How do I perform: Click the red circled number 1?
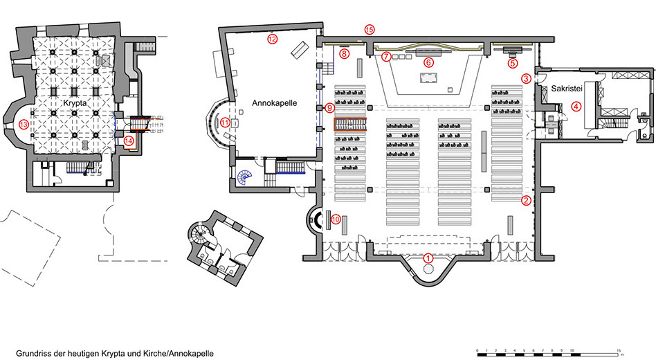428,258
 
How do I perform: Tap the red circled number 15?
369,30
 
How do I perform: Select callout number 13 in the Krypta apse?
24,125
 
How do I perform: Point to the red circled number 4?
576,107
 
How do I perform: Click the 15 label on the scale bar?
619,350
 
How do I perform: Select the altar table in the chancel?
428,78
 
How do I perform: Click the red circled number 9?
329,108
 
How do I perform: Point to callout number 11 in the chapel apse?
226,123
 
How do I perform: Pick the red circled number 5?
513,63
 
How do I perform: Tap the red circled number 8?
344,54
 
